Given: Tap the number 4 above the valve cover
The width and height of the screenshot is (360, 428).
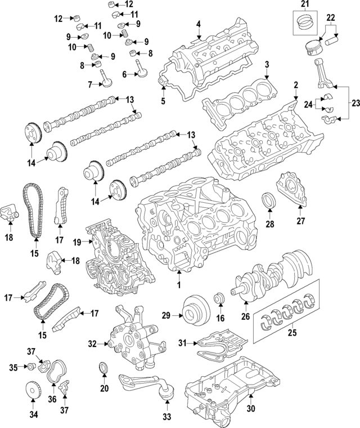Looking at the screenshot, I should (x=199, y=24).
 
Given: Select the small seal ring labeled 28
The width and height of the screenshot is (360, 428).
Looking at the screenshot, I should (x=269, y=200).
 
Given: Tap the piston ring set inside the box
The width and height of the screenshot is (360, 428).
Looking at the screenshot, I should (x=304, y=24).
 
